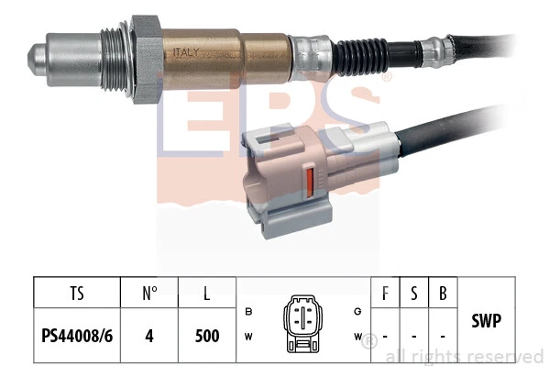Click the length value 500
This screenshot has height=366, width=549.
[208, 335]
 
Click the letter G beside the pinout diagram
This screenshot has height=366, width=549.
[357, 310]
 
